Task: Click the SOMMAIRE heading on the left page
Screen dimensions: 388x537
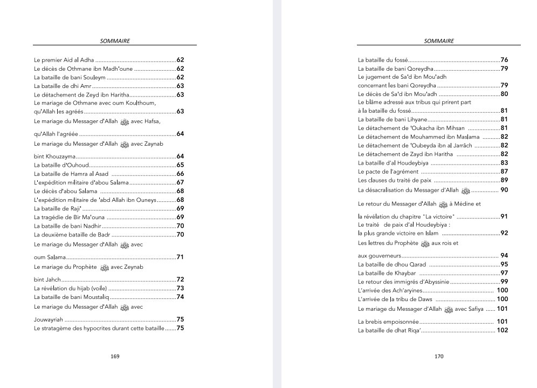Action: (x=115, y=40)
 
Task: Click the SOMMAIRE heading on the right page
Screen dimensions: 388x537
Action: (x=439, y=40)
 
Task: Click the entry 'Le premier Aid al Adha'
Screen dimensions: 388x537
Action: (x=64, y=59)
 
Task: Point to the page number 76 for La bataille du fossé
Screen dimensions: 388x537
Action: (x=505, y=59)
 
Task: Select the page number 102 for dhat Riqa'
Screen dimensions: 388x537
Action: (x=502, y=330)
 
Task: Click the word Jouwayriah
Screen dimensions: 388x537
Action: (x=50, y=319)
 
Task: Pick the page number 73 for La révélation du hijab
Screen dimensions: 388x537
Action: (x=181, y=288)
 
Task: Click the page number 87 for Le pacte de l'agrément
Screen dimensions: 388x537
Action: (x=505, y=171)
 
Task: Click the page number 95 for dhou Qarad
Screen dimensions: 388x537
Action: (x=505, y=264)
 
